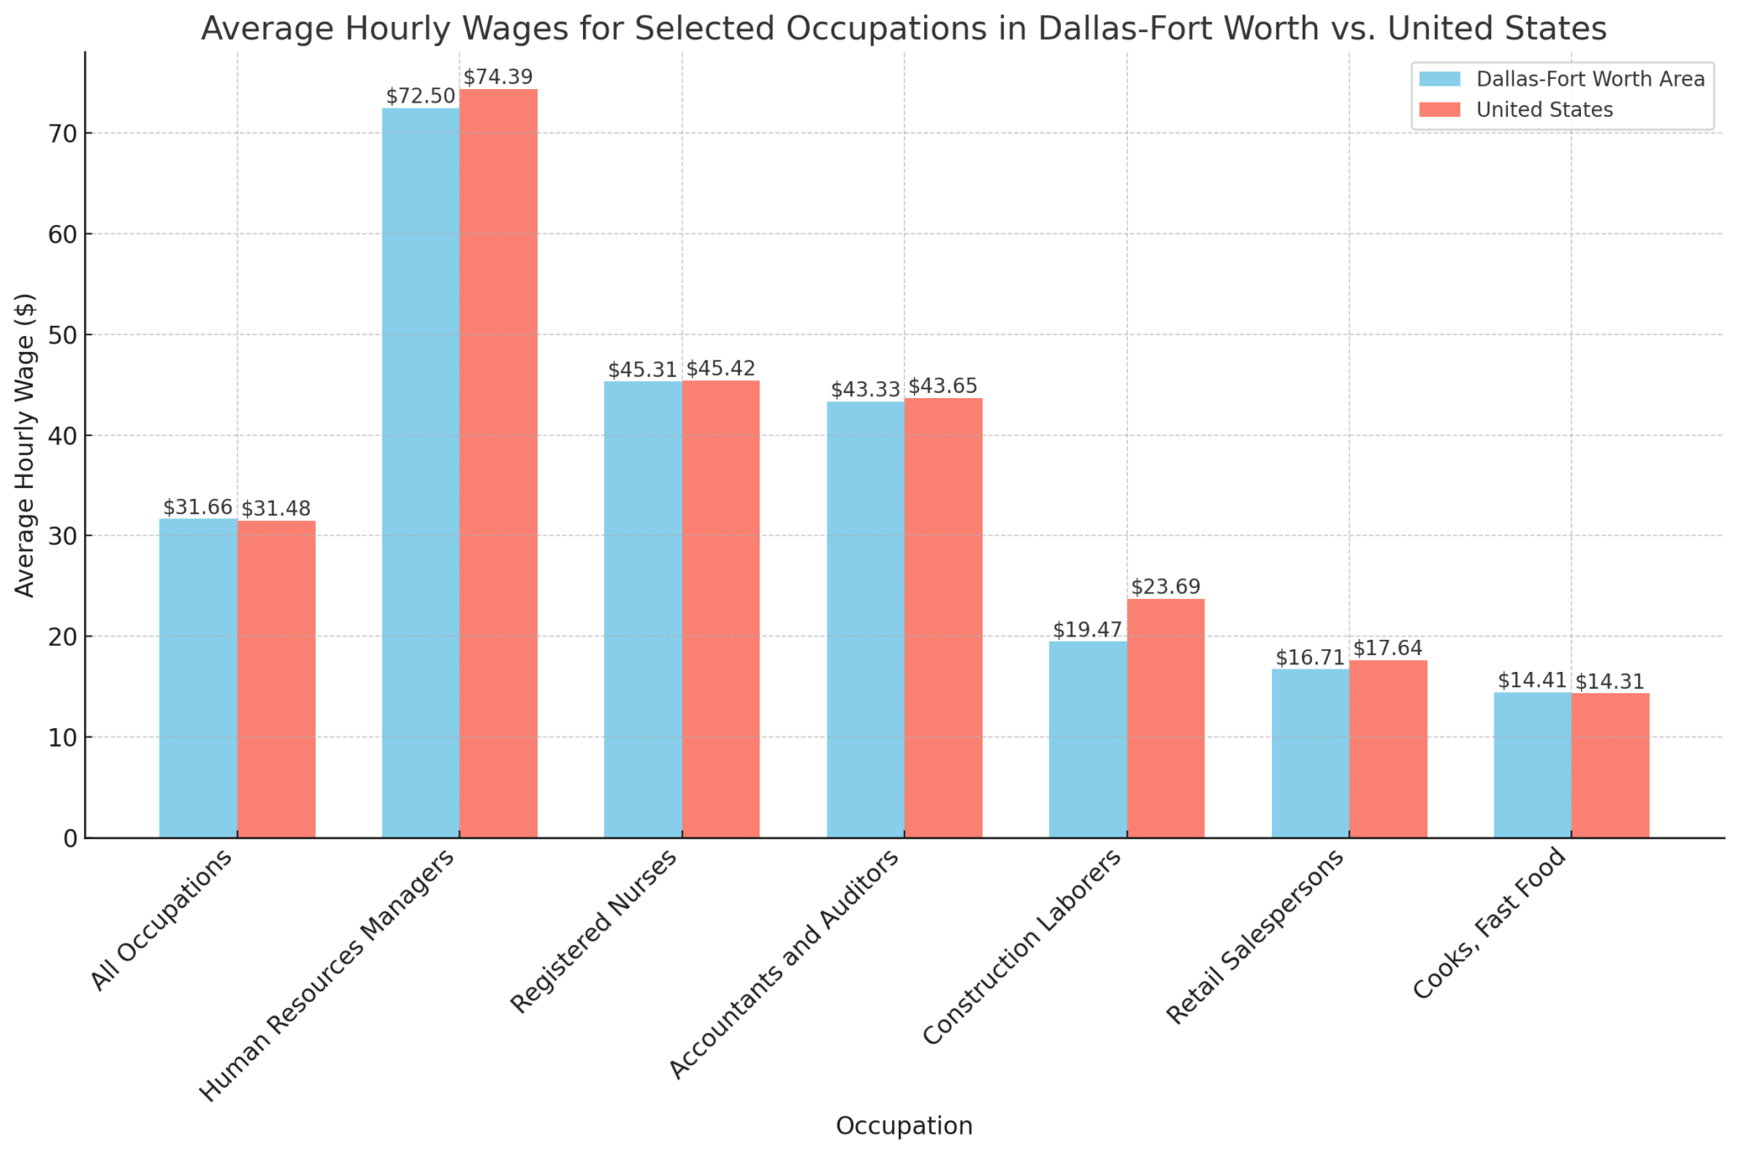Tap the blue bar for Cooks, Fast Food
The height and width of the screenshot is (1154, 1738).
coord(1532,765)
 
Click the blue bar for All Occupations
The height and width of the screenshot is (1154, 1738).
coord(198,678)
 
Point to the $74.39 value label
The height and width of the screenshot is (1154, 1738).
coord(498,78)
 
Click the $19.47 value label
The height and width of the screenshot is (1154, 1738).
coord(1087,630)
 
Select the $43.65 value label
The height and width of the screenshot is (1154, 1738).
coord(943,387)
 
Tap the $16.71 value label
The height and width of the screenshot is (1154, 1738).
coord(1309,658)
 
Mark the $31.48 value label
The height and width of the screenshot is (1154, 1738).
coord(276,509)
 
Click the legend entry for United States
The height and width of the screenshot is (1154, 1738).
coord(1544,110)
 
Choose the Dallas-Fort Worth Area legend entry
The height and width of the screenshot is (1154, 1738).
coord(1589,80)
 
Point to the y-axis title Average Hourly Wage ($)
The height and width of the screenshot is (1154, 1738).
coord(25,445)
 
